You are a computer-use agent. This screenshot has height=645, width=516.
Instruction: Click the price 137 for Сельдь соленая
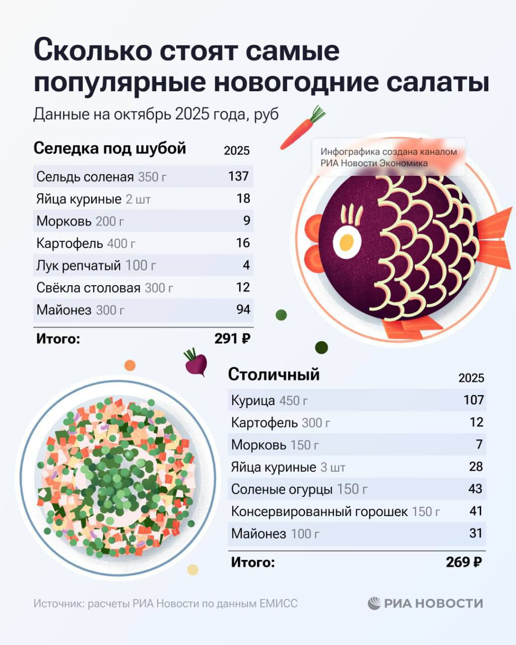pos(238,176)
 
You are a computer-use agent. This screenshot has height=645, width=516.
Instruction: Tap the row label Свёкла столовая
pos(88,288)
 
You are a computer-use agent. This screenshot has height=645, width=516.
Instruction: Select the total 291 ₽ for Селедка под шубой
pos(232,339)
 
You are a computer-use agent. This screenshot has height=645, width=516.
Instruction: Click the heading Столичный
pos(274,374)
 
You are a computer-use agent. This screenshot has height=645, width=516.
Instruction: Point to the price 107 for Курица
pos(474,400)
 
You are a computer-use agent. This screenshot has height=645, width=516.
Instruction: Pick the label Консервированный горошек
pos(319,511)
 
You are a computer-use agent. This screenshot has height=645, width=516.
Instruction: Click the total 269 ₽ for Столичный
pos(464,562)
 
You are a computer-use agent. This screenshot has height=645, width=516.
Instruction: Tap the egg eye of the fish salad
pos(346,242)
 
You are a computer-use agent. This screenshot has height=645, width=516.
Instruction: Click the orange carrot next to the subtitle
pos(301,128)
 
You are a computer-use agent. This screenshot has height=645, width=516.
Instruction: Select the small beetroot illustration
pos(196,362)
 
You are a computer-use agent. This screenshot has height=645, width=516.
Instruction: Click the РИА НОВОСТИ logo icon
pos(374,603)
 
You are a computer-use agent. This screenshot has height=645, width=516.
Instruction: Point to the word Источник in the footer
pos(58,604)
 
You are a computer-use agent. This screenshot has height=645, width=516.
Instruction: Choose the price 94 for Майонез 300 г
pos(243,309)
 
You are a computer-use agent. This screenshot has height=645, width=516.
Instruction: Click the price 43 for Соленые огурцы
pos(475,489)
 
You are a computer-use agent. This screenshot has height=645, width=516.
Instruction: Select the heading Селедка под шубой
pos(110,149)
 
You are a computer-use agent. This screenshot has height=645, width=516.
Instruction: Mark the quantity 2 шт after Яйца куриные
pos(138,199)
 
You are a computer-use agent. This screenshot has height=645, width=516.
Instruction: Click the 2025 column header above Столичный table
pos(471,378)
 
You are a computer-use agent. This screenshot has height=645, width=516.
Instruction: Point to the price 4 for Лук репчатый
pos(246,265)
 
